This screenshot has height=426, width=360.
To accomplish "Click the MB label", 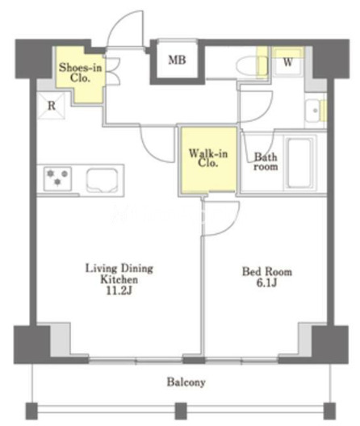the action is [177, 60].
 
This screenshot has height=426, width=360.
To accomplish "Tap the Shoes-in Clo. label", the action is [81, 73].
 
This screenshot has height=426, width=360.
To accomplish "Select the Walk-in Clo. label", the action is [208, 158].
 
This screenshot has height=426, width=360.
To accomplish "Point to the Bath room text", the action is [266, 161].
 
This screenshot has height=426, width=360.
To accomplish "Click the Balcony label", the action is [186, 382].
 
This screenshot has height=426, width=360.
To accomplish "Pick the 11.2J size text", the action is [119, 291].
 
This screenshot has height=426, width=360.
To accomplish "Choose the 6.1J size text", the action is [266, 283].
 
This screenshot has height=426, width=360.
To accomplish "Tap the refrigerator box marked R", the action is [51, 106].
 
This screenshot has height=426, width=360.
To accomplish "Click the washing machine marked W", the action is [287, 62].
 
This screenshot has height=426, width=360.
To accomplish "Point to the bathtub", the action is [299, 163].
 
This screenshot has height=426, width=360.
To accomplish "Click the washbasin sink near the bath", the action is [314, 111].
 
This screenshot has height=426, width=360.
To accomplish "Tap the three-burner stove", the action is [57, 179].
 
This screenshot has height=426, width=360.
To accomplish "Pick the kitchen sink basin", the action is [103, 180].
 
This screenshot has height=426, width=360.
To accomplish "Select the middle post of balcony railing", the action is [181, 411].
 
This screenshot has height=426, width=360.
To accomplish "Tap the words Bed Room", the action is [267, 272].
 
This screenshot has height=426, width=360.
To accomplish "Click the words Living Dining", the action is [119, 269].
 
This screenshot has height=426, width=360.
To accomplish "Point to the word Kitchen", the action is [119, 279].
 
